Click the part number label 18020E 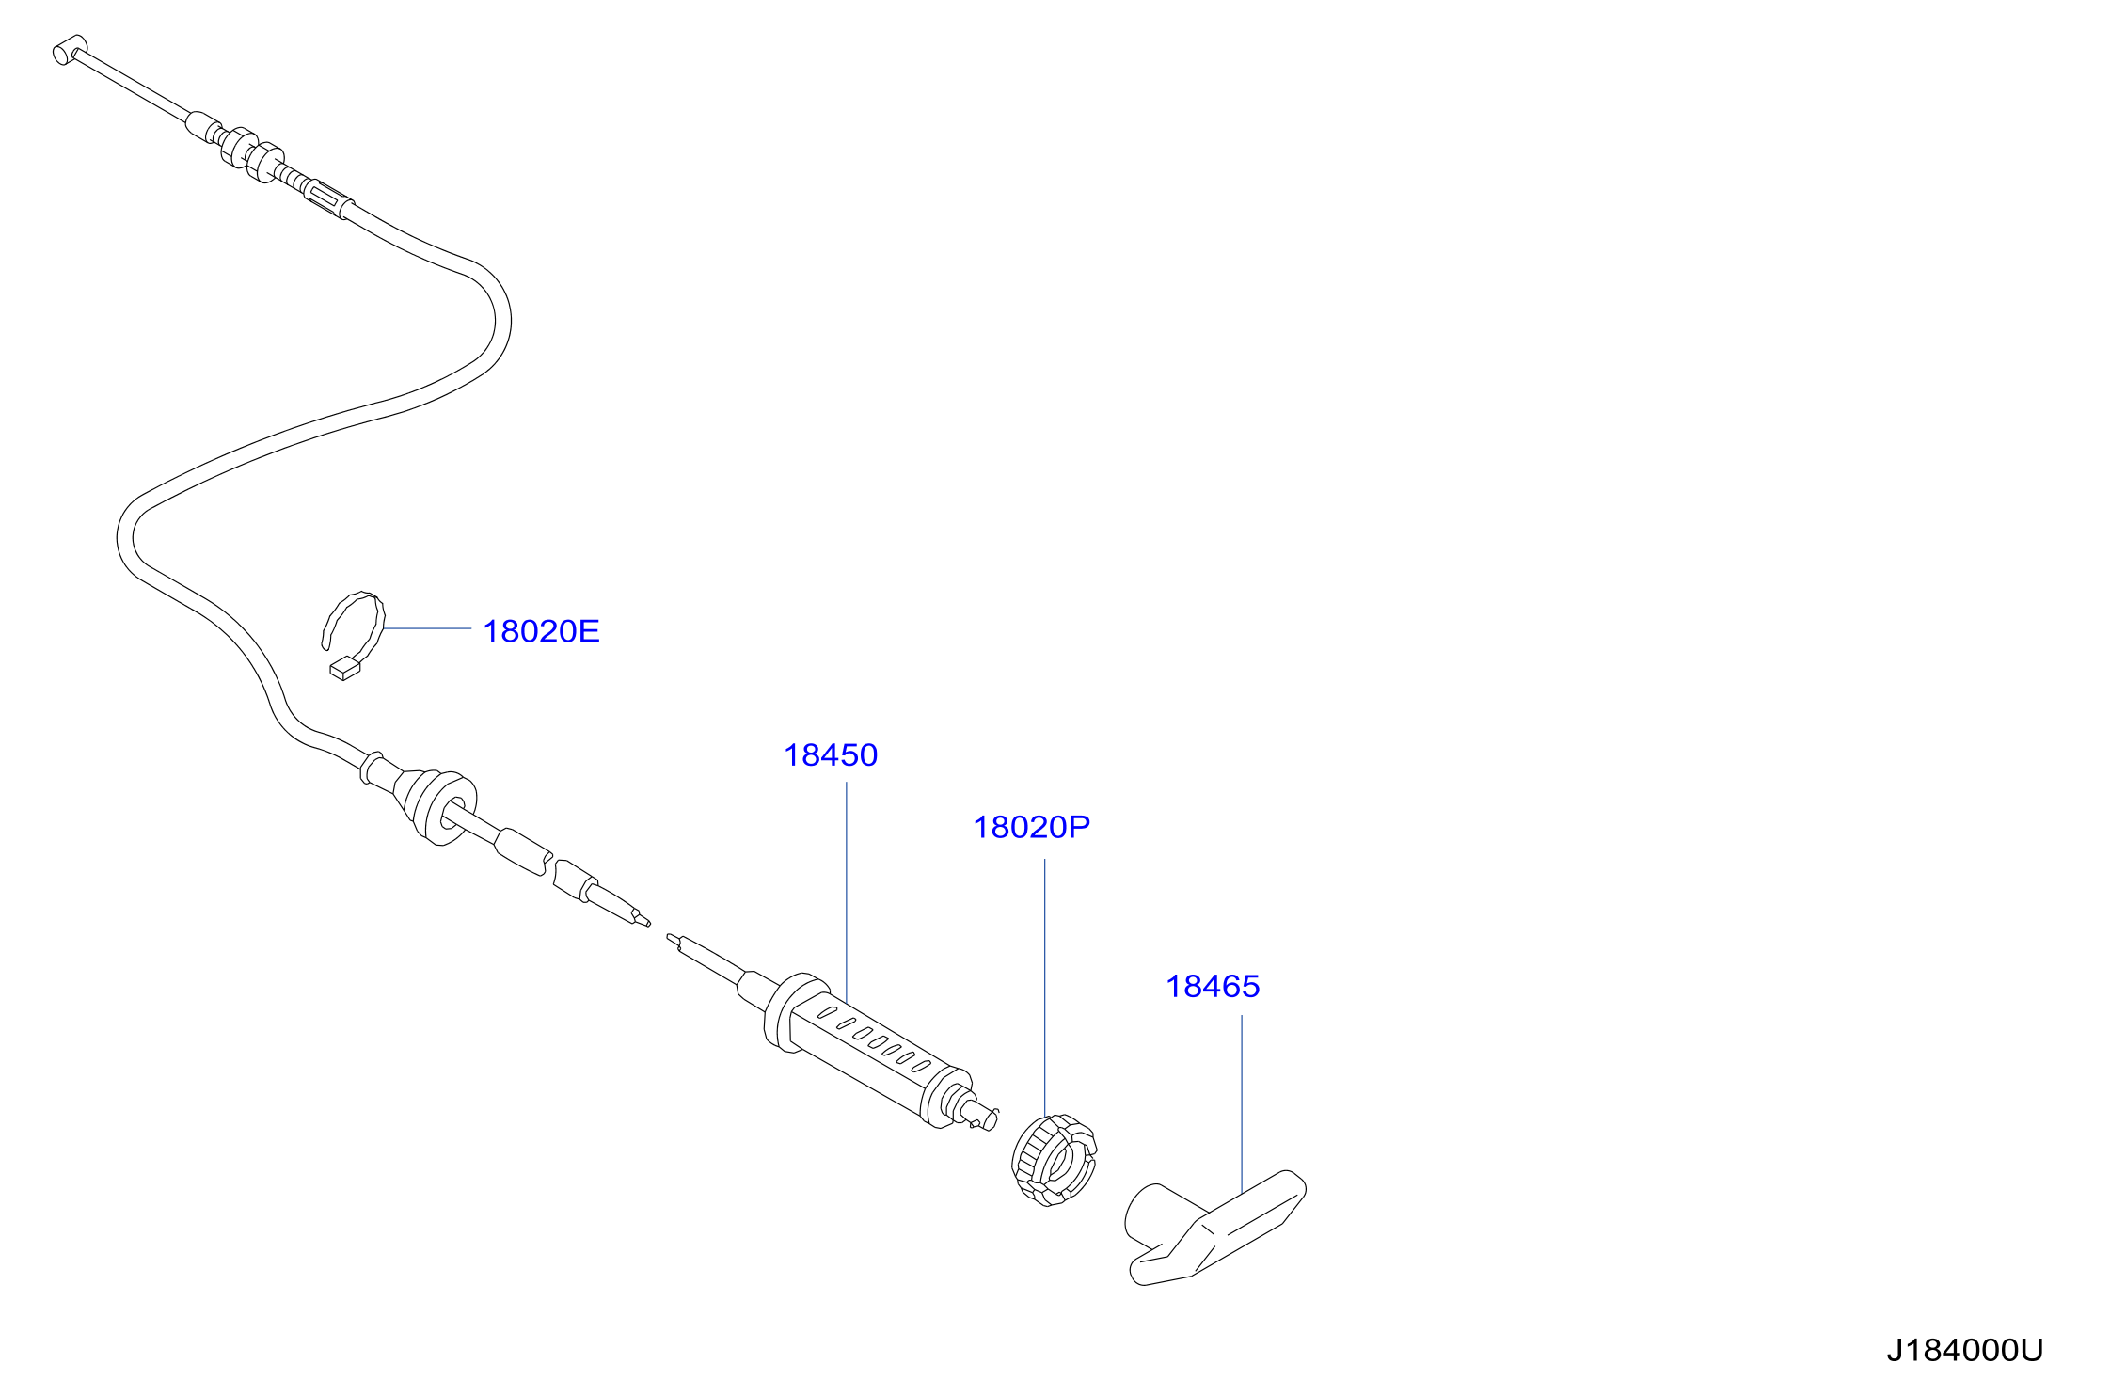click(x=541, y=631)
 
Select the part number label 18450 click(x=831, y=755)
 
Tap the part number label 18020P click(x=1031, y=828)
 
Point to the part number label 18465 click(x=1213, y=987)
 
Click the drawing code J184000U click(x=1965, y=1351)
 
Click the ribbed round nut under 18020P click(x=1055, y=1160)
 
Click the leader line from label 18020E click(x=427, y=628)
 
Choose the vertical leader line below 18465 click(x=1242, y=1103)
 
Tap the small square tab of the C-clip click(x=344, y=669)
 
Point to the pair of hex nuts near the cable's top click(x=251, y=153)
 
